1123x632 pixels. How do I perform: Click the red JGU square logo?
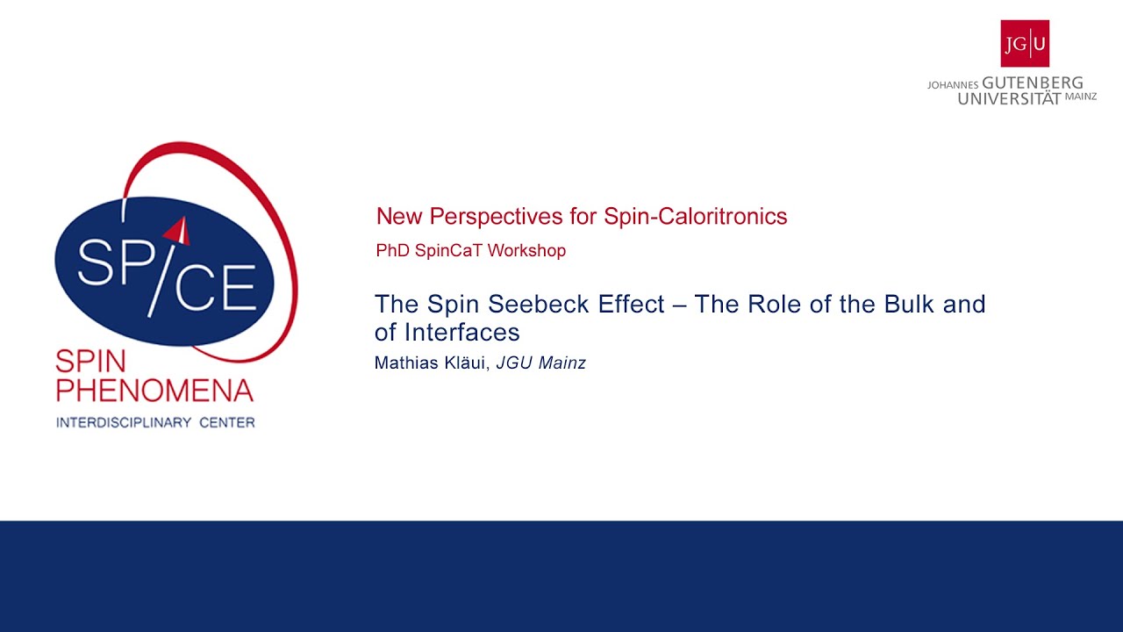[1025, 43]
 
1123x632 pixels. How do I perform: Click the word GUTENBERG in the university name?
[1033, 83]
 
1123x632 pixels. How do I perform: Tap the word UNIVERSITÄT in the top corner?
[1009, 98]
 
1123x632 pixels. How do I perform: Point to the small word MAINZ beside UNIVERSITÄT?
[1081, 97]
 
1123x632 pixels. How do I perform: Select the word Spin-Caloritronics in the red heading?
[695, 217]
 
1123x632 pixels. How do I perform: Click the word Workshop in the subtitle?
[526, 251]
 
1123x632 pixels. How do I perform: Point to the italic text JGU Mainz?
[540, 363]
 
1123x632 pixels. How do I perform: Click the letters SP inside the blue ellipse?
[109, 263]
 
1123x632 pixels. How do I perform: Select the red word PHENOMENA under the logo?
[154, 390]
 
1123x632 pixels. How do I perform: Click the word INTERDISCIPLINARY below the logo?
[124, 423]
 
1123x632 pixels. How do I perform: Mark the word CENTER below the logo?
[226, 423]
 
